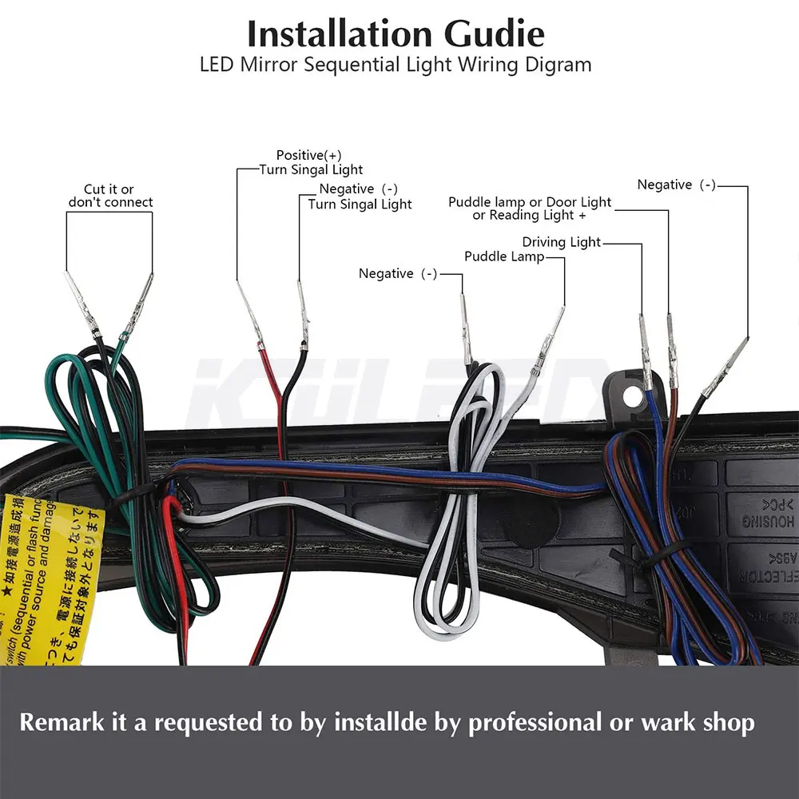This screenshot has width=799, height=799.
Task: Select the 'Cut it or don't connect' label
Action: (110, 196)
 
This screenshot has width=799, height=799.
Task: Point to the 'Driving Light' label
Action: (561, 242)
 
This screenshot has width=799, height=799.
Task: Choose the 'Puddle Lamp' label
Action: (504, 256)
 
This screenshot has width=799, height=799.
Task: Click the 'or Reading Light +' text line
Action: (529, 216)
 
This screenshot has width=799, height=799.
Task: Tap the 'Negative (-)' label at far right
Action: (676, 185)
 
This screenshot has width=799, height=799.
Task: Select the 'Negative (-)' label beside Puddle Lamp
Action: (398, 273)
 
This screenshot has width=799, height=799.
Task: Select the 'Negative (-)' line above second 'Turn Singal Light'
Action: (358, 189)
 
